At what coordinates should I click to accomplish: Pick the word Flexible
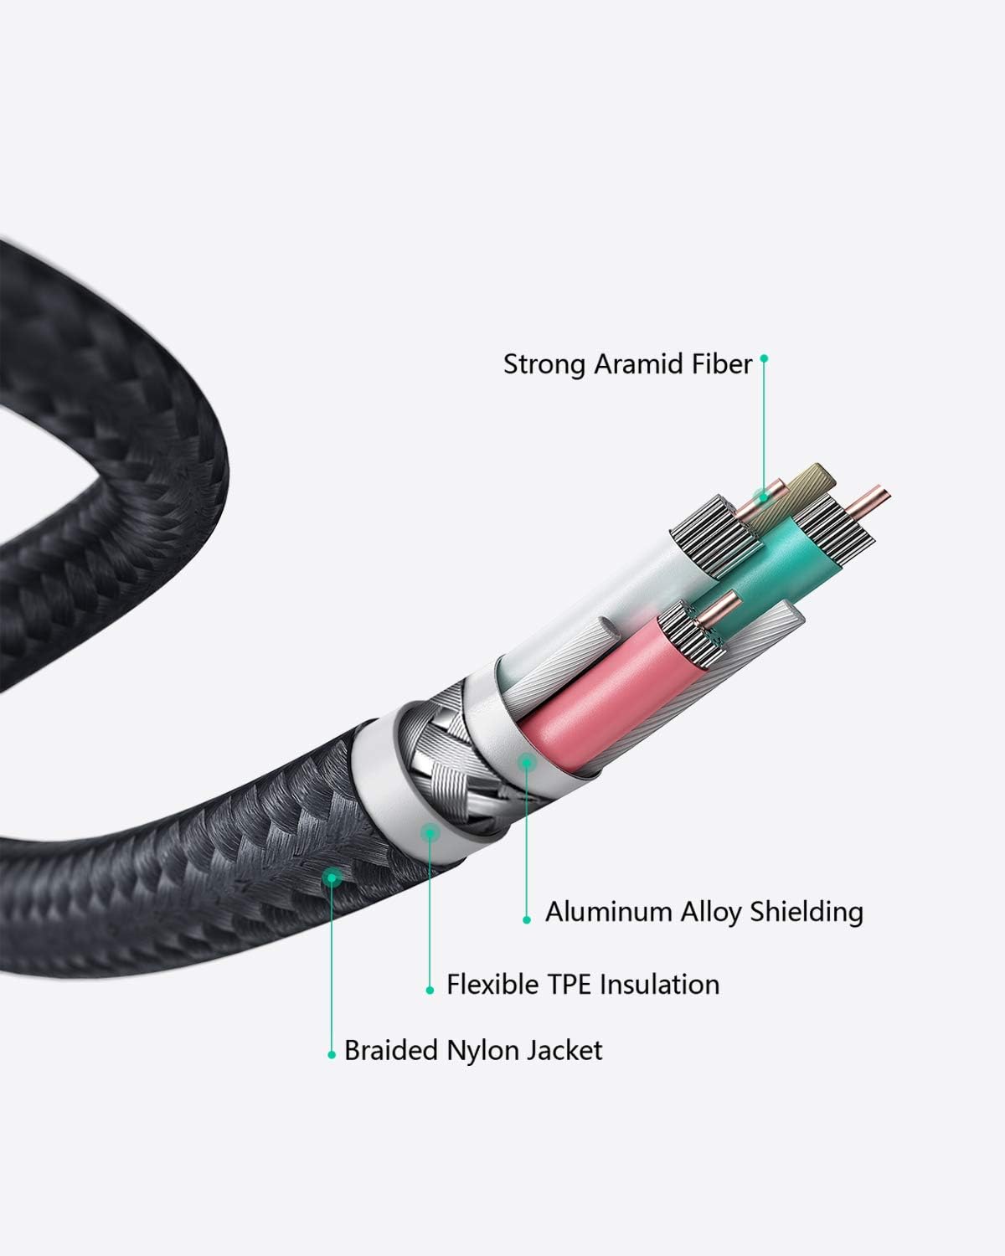(492, 984)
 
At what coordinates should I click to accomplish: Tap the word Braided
(390, 1050)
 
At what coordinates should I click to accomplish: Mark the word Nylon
(476, 1050)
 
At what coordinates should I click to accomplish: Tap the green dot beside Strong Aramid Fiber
(764, 358)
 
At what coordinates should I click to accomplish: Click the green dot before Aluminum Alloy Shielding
(527, 919)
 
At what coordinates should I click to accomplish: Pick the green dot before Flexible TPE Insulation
(430, 991)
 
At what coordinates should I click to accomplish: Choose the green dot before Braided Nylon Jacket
(332, 1056)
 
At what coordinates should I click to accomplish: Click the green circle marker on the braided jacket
(333, 878)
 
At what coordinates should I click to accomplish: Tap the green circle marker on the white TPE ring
(430, 831)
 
